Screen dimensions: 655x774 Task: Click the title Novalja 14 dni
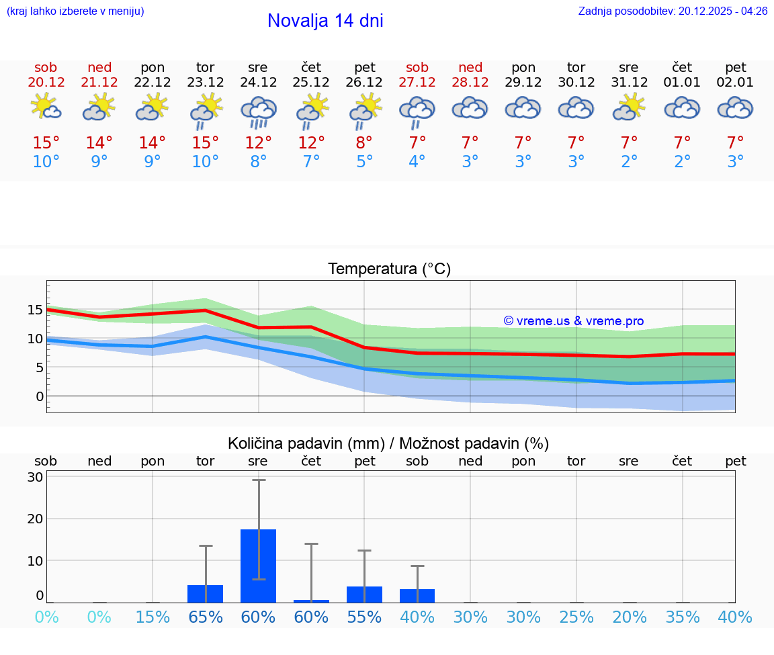pos(325,21)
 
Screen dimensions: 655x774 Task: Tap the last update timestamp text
pos(673,11)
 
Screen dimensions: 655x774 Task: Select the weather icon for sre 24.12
pos(259,111)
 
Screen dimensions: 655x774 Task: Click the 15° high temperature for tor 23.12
pos(206,143)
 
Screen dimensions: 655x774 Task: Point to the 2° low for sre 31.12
pos(630,162)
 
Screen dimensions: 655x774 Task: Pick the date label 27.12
pos(417,83)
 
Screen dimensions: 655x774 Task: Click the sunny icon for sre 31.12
pos(630,107)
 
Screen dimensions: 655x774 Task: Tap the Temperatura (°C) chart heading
pos(389,269)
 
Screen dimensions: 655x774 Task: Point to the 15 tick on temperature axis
pos(35,310)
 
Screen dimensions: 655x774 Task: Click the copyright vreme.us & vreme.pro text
pos(574,321)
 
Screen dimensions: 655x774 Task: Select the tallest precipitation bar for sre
pos(259,566)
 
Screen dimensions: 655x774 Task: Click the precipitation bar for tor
pos(206,594)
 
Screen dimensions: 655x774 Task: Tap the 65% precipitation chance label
pos(206,617)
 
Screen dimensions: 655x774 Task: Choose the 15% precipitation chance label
pos(153,617)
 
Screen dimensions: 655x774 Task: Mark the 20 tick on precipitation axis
pos(35,519)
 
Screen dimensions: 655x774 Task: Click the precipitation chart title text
pos(388,443)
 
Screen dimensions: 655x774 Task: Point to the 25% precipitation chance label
pos(576,617)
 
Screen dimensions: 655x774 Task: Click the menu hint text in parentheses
pos(75,11)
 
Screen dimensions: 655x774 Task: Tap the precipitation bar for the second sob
pos(417,596)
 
